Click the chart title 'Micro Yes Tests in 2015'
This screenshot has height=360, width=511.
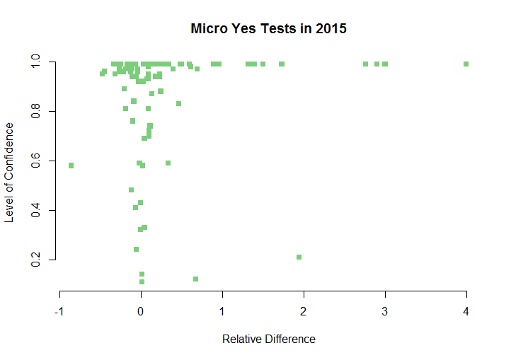tap(269, 29)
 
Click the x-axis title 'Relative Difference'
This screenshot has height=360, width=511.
tap(269, 339)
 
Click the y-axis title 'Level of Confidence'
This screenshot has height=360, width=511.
tap(9, 173)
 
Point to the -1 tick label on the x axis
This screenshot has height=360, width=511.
tap(59, 312)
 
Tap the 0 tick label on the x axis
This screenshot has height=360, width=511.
tap(142, 312)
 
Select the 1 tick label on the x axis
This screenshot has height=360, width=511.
tap(223, 312)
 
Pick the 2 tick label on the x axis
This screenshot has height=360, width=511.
tap(304, 312)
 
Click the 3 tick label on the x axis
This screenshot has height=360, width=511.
tap(385, 312)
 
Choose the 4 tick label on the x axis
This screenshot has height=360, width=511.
tap(466, 312)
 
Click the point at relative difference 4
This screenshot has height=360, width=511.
tap(466, 64)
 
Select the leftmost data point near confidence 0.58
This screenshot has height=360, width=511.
tap(71, 166)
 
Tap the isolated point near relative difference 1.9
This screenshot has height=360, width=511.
tap(299, 257)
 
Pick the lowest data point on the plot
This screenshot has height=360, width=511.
tap(142, 281)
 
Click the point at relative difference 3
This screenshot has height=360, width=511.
tap(385, 64)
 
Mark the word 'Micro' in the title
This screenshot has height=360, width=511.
tap(209, 29)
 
